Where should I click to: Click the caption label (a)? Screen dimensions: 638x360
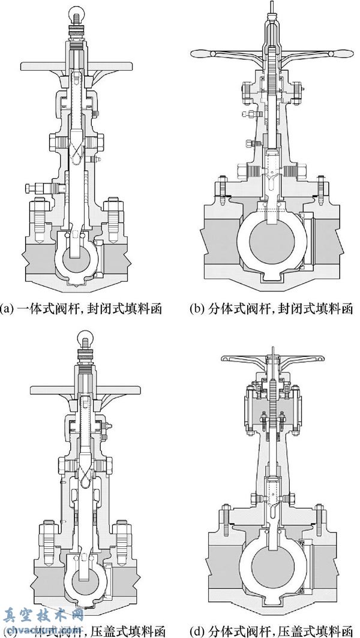click(8, 309)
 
